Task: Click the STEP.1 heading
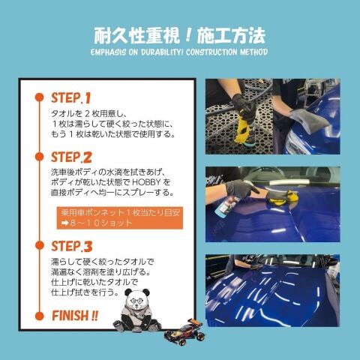70,97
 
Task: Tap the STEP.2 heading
71,157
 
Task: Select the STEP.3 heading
72,246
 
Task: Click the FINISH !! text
75,316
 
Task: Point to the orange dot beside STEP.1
40,97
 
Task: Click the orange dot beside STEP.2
40,157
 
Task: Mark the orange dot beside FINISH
40,316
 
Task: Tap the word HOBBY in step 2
146,182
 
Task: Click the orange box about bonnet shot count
120,217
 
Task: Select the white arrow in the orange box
64,223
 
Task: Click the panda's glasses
135,300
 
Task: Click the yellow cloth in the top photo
243,130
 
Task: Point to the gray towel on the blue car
309,121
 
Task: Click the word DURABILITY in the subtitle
162,52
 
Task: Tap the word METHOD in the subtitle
253,52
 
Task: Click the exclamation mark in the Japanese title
189,35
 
